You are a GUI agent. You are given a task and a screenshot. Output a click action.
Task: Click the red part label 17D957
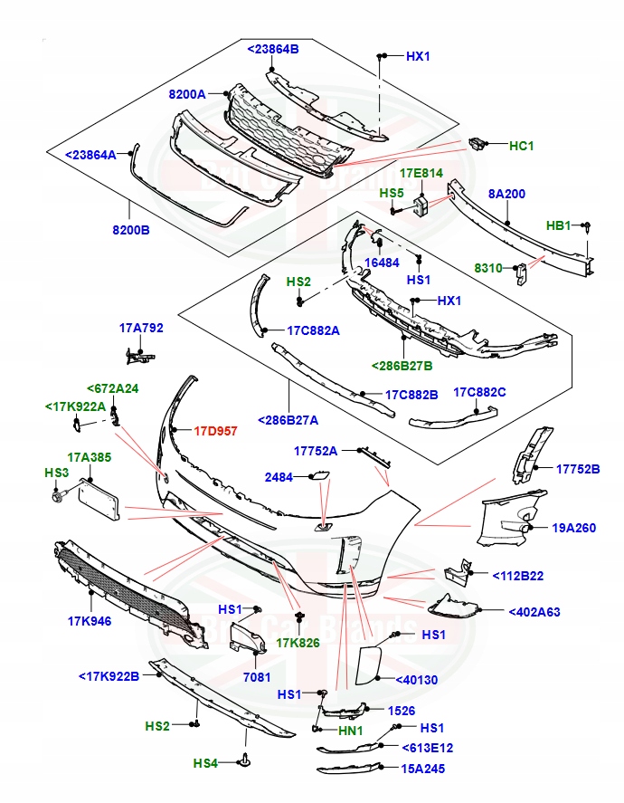[216, 431]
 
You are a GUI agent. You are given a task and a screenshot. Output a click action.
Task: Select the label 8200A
[187, 94]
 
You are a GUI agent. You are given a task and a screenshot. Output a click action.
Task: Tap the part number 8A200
[506, 194]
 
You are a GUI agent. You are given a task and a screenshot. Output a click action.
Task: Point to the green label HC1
[522, 145]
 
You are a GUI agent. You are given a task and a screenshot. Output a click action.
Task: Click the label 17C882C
[479, 393]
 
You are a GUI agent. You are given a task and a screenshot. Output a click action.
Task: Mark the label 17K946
[88, 621]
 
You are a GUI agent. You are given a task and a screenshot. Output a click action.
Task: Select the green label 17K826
[298, 643]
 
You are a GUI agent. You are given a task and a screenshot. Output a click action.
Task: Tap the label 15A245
[428, 769]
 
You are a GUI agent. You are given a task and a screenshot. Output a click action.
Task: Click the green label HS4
[205, 763]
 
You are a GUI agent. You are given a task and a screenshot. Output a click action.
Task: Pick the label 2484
[278, 476]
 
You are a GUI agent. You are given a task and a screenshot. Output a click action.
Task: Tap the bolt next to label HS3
[59, 495]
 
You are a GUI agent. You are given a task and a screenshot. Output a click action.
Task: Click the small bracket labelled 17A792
[134, 357]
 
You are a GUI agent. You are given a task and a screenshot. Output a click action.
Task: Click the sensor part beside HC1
[478, 144]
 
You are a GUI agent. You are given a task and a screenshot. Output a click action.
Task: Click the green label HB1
[558, 226]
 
